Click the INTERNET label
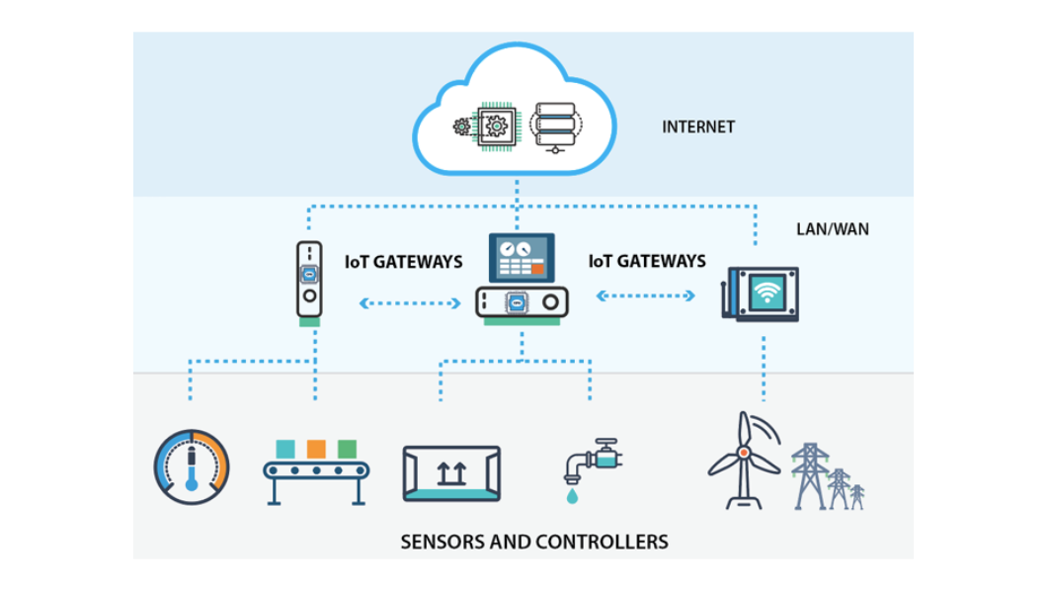698,127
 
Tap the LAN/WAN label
833,229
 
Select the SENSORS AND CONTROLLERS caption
534,542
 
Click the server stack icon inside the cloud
555,127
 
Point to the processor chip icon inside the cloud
496,127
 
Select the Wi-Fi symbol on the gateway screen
766,292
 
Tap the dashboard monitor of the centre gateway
522,257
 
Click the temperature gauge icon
192,466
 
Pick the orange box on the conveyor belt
316,449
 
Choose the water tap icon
593,461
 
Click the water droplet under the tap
572,495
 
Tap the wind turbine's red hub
743,453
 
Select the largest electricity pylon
810,476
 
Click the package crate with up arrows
451,473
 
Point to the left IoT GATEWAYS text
403,262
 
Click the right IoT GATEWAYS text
647,261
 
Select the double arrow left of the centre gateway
410,303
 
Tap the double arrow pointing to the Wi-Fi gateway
646,295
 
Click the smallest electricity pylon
857,497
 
